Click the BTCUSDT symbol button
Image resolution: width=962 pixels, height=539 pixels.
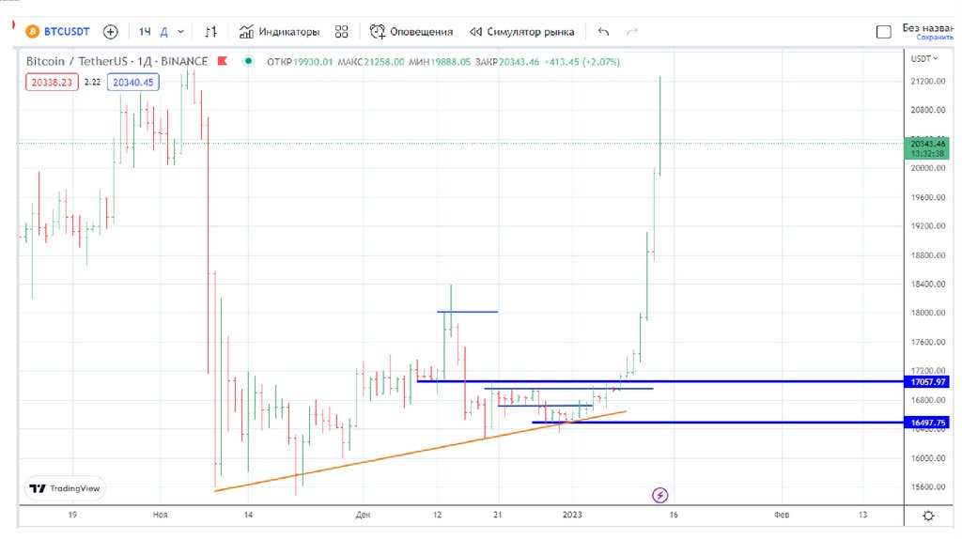(x=57, y=31)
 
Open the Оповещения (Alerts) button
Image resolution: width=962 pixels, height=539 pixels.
(x=411, y=31)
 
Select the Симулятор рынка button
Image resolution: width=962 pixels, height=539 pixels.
(x=522, y=31)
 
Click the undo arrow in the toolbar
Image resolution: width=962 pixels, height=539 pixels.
(x=603, y=31)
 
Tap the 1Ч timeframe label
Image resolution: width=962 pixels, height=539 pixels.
(x=145, y=31)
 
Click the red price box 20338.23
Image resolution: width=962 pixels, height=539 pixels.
(x=52, y=83)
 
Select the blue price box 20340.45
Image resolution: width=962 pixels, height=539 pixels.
(x=134, y=83)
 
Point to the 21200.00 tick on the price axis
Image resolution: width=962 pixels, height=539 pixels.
(x=928, y=82)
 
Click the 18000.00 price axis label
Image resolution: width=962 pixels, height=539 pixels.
(x=928, y=314)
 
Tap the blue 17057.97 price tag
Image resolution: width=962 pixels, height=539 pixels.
(x=928, y=382)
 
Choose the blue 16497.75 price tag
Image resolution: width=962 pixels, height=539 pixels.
(x=928, y=423)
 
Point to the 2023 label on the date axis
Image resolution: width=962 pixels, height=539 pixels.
(x=573, y=515)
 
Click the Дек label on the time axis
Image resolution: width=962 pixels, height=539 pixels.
(x=364, y=515)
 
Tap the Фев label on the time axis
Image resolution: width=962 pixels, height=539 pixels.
(x=781, y=515)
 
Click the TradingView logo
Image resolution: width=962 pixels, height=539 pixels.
(x=65, y=488)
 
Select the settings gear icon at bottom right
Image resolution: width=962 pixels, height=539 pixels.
(x=928, y=516)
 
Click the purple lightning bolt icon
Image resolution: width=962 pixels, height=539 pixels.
(x=660, y=494)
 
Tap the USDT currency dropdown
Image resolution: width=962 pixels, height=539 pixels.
(x=924, y=58)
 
